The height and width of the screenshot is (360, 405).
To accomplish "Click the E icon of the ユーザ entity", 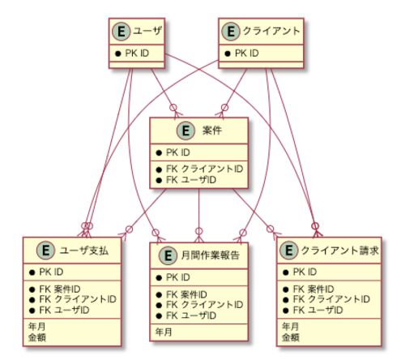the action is point(122,32).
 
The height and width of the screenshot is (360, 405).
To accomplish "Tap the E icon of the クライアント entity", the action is point(231,32).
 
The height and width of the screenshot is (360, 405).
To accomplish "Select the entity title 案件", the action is point(212,131).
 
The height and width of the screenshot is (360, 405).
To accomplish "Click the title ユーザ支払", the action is point(84,251).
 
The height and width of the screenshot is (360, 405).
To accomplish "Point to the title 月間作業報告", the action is point(210,255).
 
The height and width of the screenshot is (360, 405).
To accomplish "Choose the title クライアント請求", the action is point(340,251).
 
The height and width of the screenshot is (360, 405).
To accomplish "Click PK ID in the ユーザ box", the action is point(137,54).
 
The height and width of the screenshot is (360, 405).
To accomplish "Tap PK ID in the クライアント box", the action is point(246,54).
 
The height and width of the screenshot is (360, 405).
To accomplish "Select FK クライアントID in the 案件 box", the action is point(204,169).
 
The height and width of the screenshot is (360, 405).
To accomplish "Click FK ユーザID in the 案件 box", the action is point(191,180).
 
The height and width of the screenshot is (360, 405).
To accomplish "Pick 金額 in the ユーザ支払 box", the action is point(37,337).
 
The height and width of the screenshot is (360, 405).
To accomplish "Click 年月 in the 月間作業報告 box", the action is point(164,332).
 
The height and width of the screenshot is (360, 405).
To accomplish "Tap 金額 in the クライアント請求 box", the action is point(291,337).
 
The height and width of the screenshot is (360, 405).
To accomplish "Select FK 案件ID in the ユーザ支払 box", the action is point(60,289).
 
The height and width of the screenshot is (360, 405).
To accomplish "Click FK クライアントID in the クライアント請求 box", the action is point(331,299).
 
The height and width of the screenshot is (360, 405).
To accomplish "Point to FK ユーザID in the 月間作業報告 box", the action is point(191,315).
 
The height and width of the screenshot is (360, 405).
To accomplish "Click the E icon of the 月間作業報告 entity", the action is point(168,255).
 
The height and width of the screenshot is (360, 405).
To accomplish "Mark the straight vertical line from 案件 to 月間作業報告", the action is point(198,216).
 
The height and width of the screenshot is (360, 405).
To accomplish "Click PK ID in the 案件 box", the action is point(177,152).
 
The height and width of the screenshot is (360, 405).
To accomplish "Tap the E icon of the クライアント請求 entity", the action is point(289,251).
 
